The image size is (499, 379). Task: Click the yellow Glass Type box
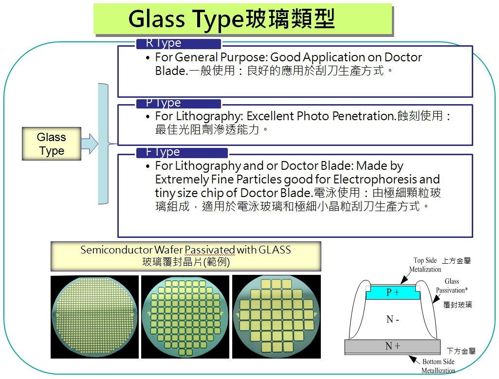52,144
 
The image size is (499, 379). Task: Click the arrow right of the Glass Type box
90,144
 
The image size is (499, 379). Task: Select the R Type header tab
179,44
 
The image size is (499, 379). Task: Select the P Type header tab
179,103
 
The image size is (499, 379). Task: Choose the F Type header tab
182,153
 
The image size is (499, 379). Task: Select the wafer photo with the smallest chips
94,317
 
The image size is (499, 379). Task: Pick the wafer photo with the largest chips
277,317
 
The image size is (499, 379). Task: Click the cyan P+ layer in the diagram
393,292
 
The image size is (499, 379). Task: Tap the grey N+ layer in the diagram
392,346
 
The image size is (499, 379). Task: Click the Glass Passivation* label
452,286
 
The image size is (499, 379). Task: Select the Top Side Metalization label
425,265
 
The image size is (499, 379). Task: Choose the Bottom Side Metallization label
438,366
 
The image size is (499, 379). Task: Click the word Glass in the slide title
156,19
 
